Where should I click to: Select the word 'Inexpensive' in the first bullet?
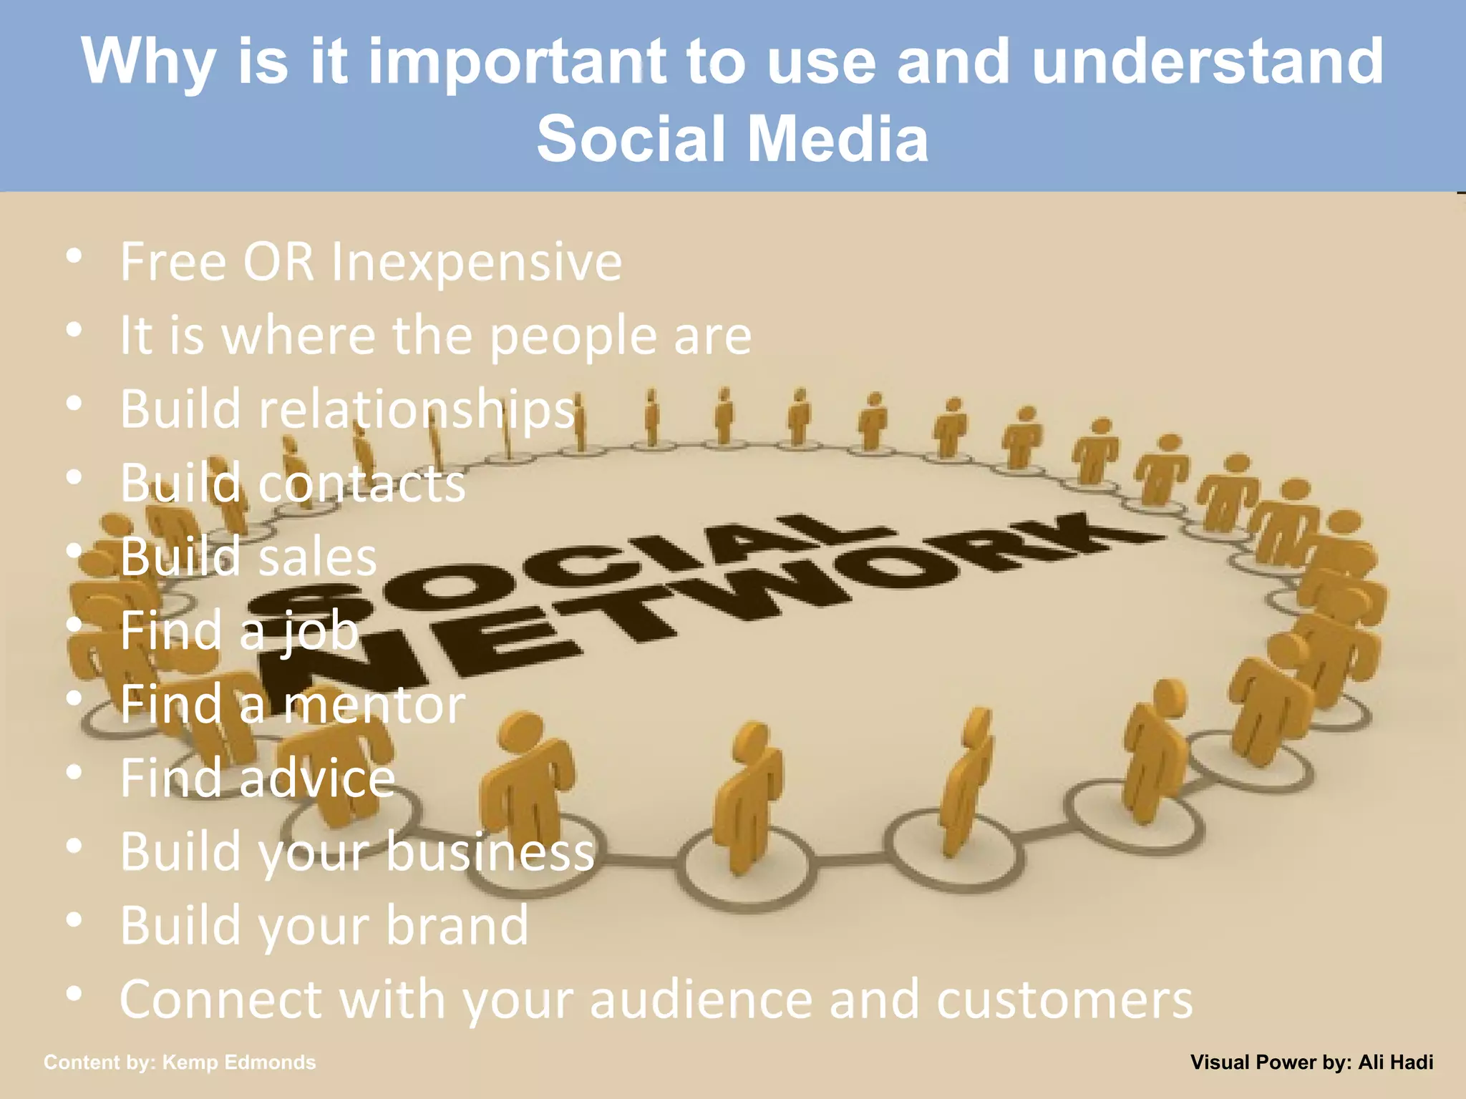476,263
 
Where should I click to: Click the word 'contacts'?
361,484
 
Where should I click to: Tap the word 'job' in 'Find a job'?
319,632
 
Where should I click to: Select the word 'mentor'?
374,705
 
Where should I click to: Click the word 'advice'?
317,778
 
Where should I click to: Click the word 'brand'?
457,926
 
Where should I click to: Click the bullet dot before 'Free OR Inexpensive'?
74,256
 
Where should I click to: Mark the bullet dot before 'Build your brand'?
74,920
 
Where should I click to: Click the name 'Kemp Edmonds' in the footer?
239,1063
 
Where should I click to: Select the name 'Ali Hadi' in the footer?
1396,1063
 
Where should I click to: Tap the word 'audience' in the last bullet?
701,1000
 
